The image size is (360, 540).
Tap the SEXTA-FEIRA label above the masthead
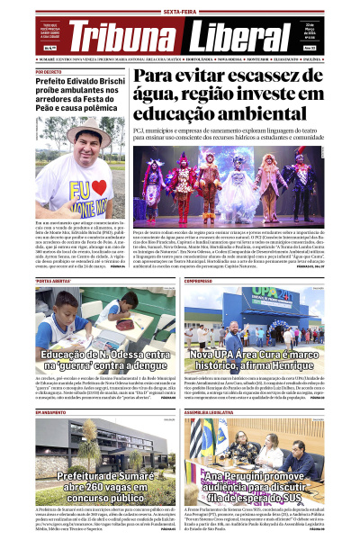tap(180, 12)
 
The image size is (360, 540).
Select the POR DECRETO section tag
tap(49, 71)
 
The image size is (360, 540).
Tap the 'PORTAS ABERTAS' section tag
tap(53, 281)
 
